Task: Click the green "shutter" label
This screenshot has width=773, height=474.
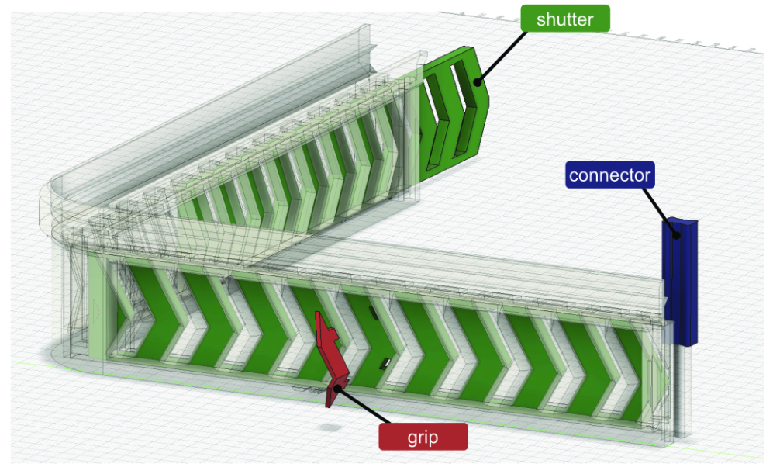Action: [565, 19]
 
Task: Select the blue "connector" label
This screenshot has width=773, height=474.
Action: [609, 175]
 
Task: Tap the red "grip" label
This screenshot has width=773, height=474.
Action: [423, 437]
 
